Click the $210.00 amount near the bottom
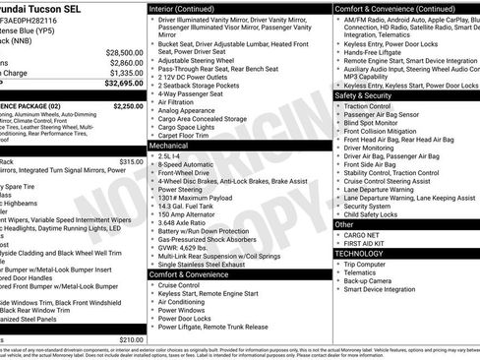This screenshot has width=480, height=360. pyautogui.click(x=130, y=339)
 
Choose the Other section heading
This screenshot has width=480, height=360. pyautogui.click(x=344, y=224)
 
